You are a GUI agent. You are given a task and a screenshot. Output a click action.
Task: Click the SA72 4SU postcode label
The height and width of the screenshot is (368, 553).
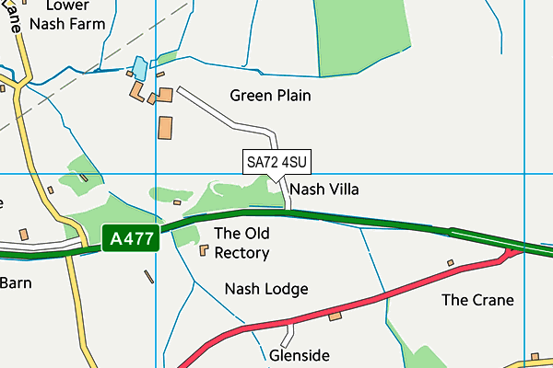(x=276, y=162)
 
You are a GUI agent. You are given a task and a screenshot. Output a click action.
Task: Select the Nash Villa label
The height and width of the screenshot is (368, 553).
(x=324, y=189)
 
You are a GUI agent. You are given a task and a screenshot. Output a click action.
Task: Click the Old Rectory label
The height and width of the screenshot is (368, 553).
(x=241, y=243)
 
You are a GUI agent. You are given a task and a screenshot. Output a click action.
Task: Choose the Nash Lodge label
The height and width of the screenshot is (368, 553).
(x=266, y=289)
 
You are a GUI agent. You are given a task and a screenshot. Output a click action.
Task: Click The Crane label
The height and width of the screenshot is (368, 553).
(x=477, y=300)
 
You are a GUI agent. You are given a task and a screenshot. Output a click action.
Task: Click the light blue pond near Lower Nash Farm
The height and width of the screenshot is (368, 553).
(x=139, y=67)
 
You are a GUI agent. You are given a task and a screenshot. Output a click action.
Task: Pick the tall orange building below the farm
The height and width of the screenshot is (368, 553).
(x=165, y=128)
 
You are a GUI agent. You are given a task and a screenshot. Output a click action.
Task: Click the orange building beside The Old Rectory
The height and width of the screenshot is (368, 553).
(x=204, y=249)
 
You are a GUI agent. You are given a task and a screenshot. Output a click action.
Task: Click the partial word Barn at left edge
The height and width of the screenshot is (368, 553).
(x=15, y=282)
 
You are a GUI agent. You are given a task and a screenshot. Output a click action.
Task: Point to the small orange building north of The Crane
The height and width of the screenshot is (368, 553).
(x=451, y=263)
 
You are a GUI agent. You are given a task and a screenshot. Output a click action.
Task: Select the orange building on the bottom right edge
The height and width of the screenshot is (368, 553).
(x=533, y=359)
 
